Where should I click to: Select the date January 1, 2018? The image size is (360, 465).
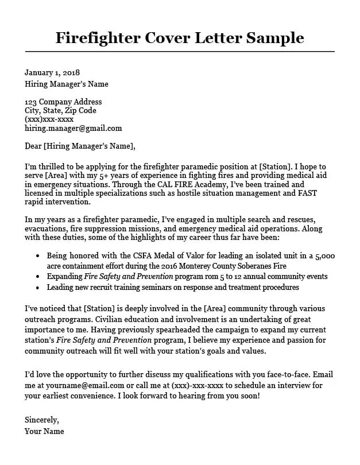[52, 73]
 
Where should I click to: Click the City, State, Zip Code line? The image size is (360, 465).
[60, 111]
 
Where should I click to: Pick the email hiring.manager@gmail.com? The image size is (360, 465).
[73, 128]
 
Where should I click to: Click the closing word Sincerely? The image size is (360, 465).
[41, 420]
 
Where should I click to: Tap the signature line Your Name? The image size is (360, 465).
[44, 431]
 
